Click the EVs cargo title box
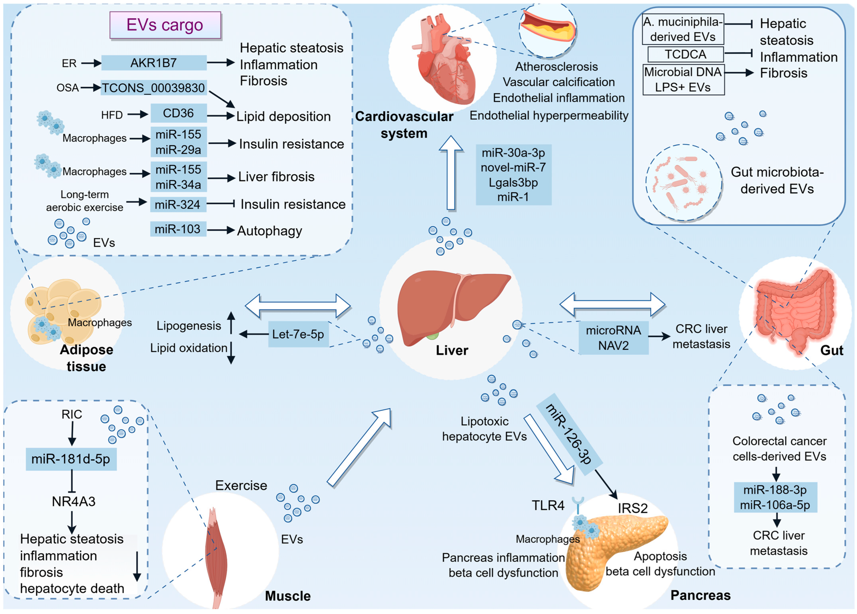click(x=165, y=25)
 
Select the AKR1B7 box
click(x=154, y=63)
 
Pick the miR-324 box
click(x=178, y=204)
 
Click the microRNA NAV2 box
click(x=613, y=338)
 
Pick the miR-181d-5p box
click(x=71, y=459)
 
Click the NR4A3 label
click(x=74, y=502)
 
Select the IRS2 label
click(x=633, y=508)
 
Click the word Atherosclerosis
click(x=556, y=67)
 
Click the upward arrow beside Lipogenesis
click(x=231, y=323)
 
